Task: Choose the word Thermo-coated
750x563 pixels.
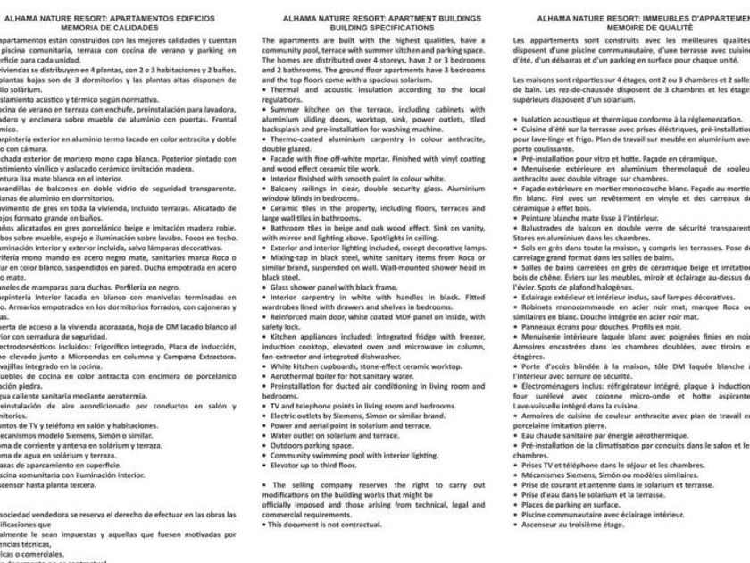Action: coord(296,139)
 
